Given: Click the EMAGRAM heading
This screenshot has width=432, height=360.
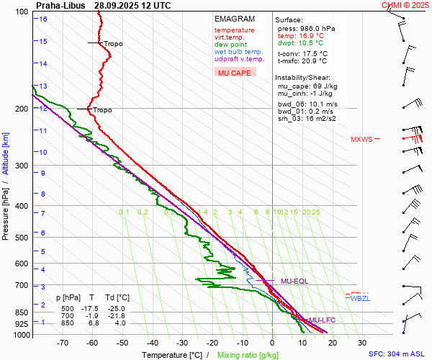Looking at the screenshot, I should click(x=235, y=19).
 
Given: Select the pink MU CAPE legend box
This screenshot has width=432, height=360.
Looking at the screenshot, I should click(x=235, y=73).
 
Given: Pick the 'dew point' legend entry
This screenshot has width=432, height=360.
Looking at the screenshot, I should click(x=231, y=45).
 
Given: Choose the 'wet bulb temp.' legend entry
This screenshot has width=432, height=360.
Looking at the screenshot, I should click(x=238, y=52).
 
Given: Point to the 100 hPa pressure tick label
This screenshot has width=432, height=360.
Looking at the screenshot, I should click(x=23, y=12).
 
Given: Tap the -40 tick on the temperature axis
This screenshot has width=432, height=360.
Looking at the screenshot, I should click(x=153, y=343).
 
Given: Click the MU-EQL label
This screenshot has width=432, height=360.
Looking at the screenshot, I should click(x=294, y=281).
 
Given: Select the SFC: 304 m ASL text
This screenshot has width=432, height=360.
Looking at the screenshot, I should click(x=397, y=354).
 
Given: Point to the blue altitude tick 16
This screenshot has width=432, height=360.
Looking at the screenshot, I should click(x=43, y=19).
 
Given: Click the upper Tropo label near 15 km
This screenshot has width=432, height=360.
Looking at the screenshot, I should click(x=113, y=44).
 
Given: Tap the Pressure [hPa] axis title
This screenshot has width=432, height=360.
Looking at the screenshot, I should click(x=6, y=210).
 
